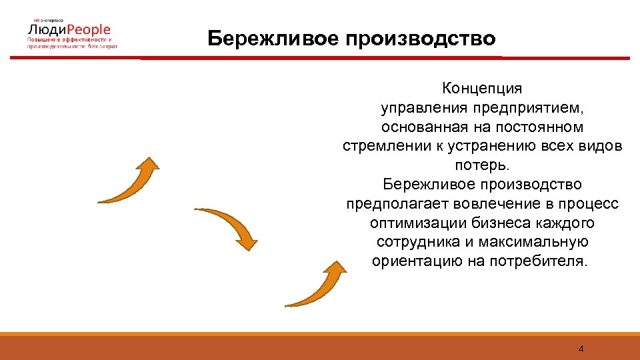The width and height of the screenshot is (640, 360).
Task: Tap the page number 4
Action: point(581,349)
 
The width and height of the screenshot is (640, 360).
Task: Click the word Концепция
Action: point(482,88)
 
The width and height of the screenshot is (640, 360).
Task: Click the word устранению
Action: point(497,145)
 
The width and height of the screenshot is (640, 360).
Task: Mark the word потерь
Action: point(482,165)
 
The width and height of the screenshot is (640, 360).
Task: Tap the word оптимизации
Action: point(413,222)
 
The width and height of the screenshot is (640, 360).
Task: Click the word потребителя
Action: point(535,260)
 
